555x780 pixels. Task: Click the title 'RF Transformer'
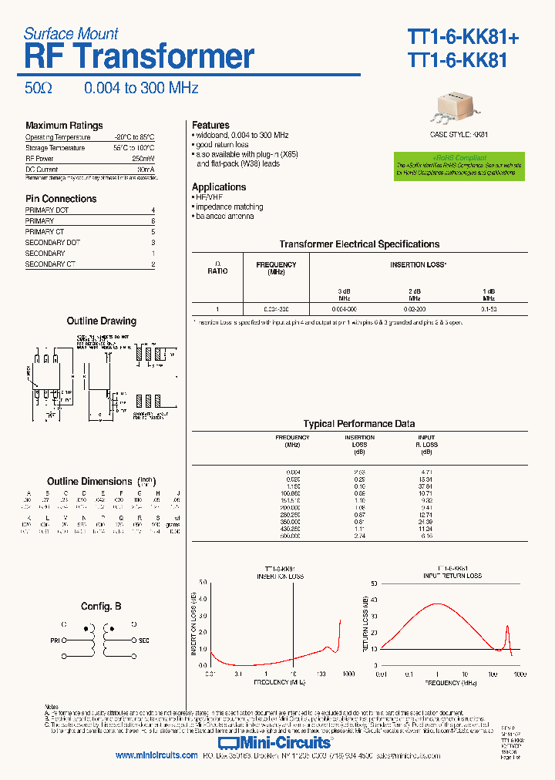coord(139,57)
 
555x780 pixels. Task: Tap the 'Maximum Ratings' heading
coord(64,126)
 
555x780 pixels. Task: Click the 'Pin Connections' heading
coord(61,199)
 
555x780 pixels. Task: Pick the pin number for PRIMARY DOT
coord(153,210)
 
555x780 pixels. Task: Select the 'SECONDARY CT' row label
coord(50,264)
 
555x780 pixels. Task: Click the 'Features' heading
coord(210,125)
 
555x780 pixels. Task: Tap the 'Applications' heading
coord(219,187)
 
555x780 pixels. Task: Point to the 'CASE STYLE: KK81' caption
coord(459,134)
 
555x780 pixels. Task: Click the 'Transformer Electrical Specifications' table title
coord(359,244)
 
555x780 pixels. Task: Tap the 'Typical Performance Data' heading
coord(359,424)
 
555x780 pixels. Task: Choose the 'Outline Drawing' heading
coord(101,321)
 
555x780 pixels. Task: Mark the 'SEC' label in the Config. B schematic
coord(143,640)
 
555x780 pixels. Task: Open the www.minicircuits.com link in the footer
coord(156,756)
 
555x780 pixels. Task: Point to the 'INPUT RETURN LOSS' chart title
coord(452,576)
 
